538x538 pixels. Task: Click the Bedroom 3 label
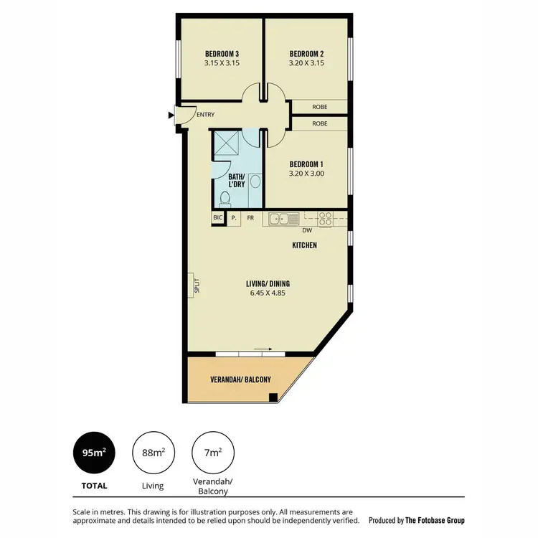[222, 54]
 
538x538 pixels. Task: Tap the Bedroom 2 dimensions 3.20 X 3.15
[307, 63]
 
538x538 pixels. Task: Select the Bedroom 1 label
[307, 164]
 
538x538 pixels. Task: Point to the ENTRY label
[205, 115]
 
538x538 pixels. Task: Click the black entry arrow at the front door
[171, 115]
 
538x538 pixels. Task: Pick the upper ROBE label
[320, 107]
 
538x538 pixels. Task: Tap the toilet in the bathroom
[225, 198]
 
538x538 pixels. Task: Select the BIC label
[217, 217]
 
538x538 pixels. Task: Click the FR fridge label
[251, 217]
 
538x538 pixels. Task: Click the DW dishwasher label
[307, 231]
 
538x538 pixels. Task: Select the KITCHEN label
[304, 245]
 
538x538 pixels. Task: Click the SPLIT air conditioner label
[194, 285]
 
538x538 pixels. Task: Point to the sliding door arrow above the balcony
[263, 350]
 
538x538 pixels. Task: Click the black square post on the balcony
[273, 397]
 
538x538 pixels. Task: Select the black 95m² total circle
[94, 452]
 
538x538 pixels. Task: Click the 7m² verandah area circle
[212, 452]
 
